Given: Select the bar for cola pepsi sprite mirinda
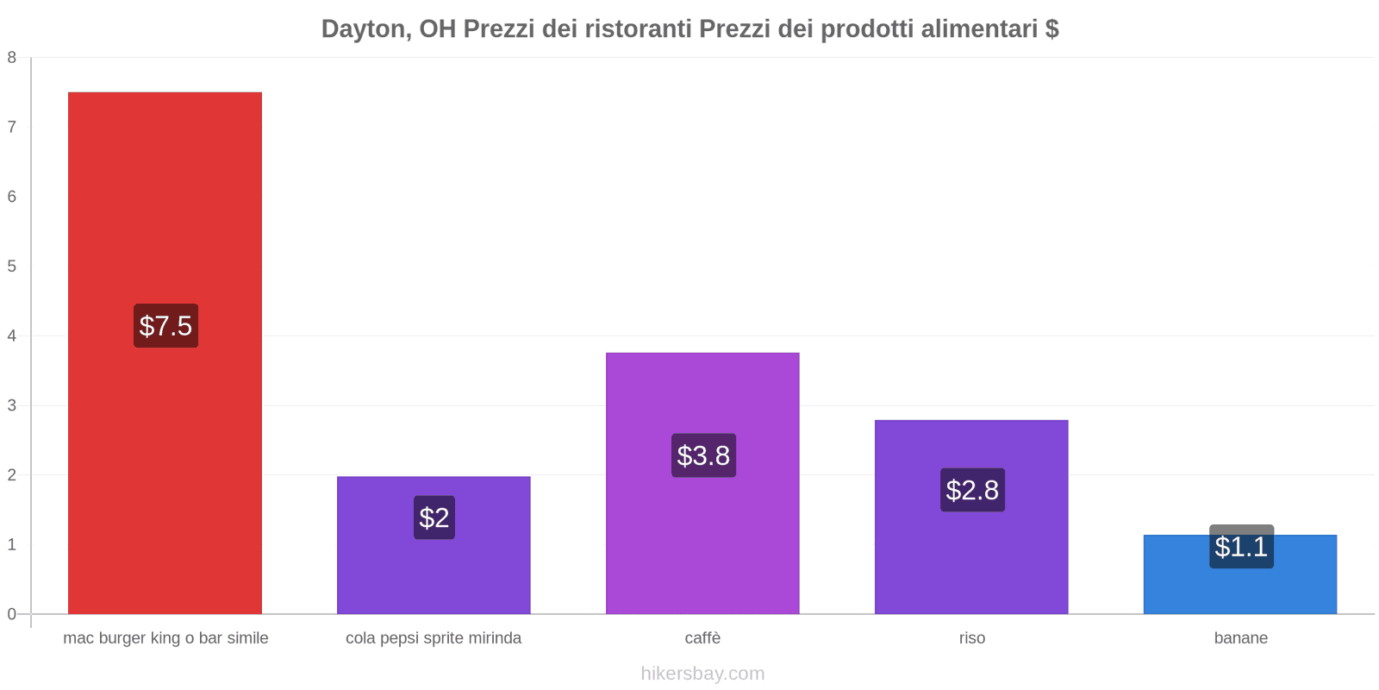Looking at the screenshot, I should pos(434,569).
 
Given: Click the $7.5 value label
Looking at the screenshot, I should pos(165,326).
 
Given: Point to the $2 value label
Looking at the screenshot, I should pos(434,517).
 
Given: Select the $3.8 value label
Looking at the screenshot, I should pos(703,455).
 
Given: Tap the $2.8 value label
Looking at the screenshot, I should pos(972,490).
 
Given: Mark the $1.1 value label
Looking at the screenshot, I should pos(1241,547).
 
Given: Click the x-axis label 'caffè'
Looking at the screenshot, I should pos(702,638).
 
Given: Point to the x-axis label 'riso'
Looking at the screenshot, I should pos(972,638).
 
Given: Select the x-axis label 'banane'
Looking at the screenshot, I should pos(1240,638).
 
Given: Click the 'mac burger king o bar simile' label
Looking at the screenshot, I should pos(165,638).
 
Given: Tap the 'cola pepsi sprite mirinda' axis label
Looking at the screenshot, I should pos(434,638).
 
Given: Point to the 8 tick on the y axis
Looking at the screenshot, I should pos(12,58).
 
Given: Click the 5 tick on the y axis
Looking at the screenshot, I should pos(12,267).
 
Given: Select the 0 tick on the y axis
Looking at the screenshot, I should pos(12,614).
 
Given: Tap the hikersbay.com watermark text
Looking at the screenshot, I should pos(702,674).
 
